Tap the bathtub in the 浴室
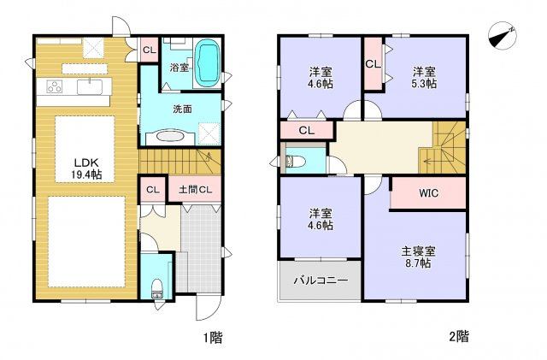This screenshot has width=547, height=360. (x=208, y=64)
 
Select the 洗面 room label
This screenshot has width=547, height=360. (x=181, y=109)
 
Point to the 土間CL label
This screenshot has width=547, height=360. (x=195, y=189)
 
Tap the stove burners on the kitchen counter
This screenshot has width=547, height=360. (x=53, y=86)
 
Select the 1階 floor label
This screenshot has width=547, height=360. (x=213, y=337)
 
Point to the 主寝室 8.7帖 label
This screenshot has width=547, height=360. (x=420, y=257)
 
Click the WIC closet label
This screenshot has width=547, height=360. (x=428, y=193)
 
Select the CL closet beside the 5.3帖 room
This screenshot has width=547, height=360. (x=373, y=64)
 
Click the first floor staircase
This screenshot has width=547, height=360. (x=179, y=160)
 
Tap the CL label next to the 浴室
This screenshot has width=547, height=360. (x=149, y=50)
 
